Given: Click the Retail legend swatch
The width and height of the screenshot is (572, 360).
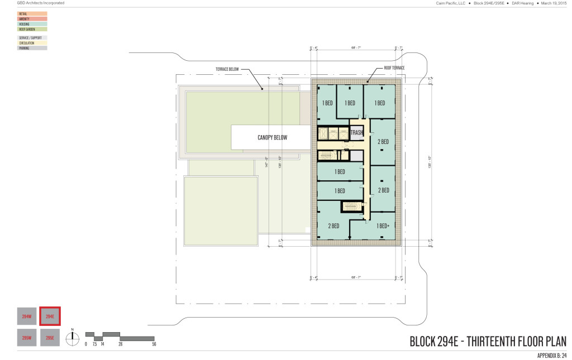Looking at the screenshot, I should click(x=32, y=13).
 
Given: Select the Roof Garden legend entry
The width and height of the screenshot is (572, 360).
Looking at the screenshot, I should click(x=32, y=29).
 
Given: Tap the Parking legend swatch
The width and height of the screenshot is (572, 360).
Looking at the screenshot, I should click(x=32, y=49).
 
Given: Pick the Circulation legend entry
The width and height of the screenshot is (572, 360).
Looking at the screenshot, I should click(x=32, y=43).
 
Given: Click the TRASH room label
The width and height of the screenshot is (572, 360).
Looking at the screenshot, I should click(x=357, y=133).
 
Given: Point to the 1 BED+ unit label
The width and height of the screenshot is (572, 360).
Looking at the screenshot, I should click(x=384, y=226).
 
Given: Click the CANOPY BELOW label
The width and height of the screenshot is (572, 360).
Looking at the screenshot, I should click(x=272, y=137).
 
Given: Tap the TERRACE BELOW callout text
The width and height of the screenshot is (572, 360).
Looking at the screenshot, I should click(x=227, y=70).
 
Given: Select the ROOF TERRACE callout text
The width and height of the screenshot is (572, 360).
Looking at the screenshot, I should click(x=394, y=68).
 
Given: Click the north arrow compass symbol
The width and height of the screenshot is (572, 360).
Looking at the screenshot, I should click(x=71, y=337).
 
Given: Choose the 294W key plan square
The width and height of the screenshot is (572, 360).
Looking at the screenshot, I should click(x=26, y=317).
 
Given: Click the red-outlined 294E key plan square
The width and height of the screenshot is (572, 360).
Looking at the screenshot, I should click(x=50, y=317).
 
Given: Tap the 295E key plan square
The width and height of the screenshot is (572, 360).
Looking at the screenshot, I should click(x=50, y=338).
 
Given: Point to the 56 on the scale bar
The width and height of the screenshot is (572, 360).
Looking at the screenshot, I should click(x=154, y=344).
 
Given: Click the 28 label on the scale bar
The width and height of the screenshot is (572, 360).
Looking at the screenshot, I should click(x=120, y=344).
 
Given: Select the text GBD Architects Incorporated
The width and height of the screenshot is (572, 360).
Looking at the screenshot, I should click(x=33, y=3).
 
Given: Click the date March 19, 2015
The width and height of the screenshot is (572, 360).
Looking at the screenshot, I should click(x=552, y=3).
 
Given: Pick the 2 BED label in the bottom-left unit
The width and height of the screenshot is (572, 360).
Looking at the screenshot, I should click(x=333, y=226).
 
